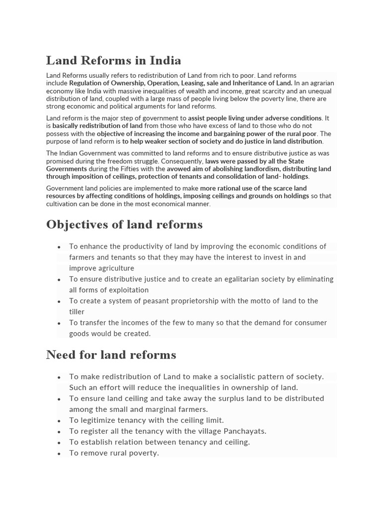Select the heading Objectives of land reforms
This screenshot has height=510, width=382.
click(124, 225)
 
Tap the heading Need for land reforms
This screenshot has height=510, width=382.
click(111, 355)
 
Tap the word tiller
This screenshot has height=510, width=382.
click(77, 312)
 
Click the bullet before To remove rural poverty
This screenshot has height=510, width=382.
click(59, 454)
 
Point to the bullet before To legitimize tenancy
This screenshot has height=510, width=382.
click(59, 421)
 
